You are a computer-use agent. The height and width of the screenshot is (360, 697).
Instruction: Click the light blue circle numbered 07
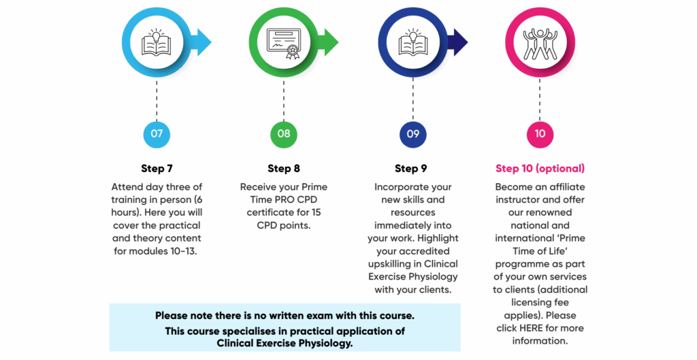[157, 134]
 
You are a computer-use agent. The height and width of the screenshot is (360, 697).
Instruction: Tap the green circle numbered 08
[284, 134]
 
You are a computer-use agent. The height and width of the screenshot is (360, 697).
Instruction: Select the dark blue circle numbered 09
[413, 134]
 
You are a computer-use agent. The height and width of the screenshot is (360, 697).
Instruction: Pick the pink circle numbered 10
[540, 134]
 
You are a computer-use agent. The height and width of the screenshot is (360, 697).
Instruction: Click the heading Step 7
[157, 169]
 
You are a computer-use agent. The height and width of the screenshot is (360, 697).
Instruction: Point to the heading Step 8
[284, 169]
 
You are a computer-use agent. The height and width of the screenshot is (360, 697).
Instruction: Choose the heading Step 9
[411, 169]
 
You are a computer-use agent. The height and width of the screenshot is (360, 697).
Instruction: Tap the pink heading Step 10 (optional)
[540, 169]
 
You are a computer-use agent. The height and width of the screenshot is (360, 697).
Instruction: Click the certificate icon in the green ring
[284, 44]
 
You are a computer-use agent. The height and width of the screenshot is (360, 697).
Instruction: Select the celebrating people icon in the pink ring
[540, 44]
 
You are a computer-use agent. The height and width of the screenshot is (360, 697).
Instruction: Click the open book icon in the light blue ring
[156, 43]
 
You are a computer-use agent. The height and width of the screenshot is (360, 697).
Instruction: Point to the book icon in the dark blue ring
[413, 43]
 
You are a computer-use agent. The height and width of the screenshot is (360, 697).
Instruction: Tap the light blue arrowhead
[204, 43]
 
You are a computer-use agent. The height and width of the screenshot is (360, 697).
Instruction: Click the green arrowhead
[331, 43]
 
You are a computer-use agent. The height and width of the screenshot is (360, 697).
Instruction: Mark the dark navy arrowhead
[461, 43]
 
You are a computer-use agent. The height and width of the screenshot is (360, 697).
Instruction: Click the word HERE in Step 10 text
[531, 328]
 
